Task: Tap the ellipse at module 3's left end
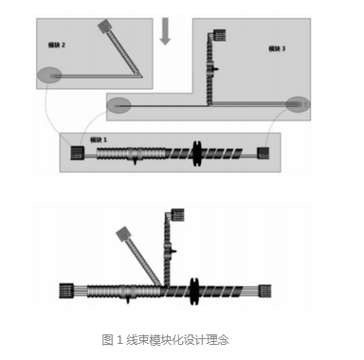[119, 104]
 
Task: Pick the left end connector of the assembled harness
[68, 291]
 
